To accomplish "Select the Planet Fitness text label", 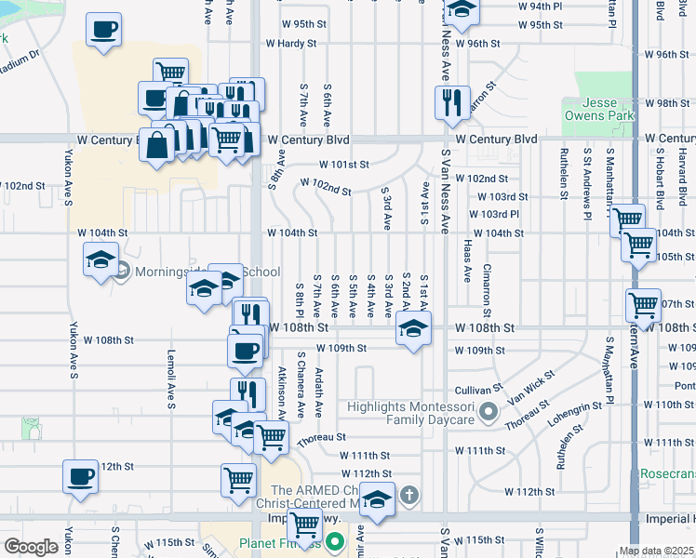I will point(278,544).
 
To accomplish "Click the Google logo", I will point(31,547).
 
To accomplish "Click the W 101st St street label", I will point(343,164).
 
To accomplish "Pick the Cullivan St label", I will point(478,389).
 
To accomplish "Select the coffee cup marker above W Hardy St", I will point(103,29).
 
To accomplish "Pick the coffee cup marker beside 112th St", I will point(80,475).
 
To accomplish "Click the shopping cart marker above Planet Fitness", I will point(304,525).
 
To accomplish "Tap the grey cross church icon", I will point(408,495).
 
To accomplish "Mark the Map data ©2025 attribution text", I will point(656,551).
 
